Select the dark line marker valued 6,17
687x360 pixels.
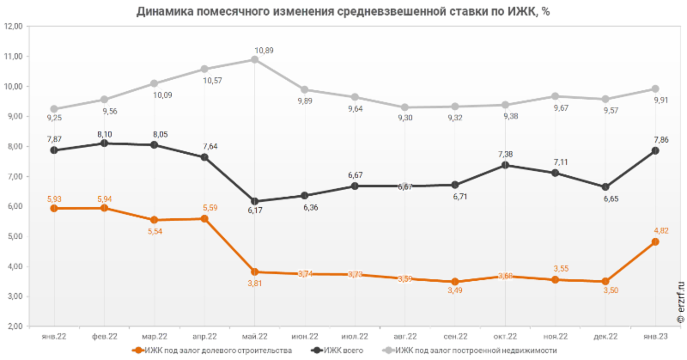[255, 201]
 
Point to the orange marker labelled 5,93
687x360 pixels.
[53, 208]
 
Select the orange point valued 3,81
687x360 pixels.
[255, 272]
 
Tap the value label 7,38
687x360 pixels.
[506, 155]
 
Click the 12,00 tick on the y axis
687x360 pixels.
[12, 27]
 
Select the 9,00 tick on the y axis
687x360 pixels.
[12, 117]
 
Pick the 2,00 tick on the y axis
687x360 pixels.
[12, 327]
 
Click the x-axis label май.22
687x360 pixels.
[255, 336]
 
